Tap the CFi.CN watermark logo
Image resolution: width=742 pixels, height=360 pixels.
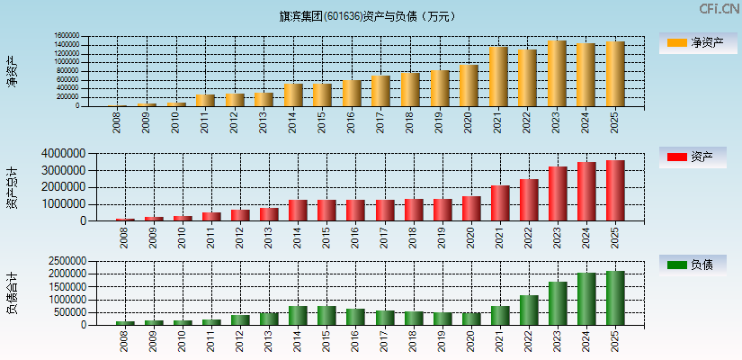point(720,9)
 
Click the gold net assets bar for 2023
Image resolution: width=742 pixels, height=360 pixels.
point(557,74)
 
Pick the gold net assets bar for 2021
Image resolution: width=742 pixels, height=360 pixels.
point(498,76)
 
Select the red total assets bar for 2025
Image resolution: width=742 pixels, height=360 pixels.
point(615,191)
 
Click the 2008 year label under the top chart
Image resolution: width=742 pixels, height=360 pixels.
point(118,122)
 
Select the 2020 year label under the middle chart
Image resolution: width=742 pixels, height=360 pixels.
point(469,237)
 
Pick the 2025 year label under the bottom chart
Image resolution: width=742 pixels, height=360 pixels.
point(615,341)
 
